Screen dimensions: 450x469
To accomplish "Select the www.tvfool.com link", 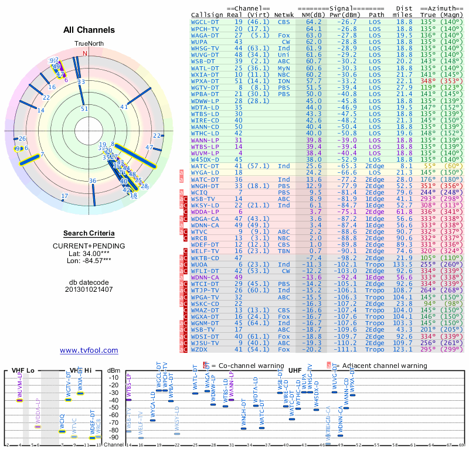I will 89,350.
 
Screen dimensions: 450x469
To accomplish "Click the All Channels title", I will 89,30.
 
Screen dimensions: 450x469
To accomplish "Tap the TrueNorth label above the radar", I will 88,45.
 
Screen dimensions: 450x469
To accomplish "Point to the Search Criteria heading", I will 89,234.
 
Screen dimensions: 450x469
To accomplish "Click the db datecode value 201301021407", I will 89,289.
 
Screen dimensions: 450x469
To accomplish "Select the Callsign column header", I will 206,14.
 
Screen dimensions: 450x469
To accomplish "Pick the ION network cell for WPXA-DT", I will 284,81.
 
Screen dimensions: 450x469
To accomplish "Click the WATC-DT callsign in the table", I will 203,166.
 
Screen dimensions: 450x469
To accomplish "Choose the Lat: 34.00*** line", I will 89,253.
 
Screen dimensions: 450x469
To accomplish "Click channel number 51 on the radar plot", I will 84,108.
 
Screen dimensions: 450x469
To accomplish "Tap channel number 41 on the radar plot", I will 124,107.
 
